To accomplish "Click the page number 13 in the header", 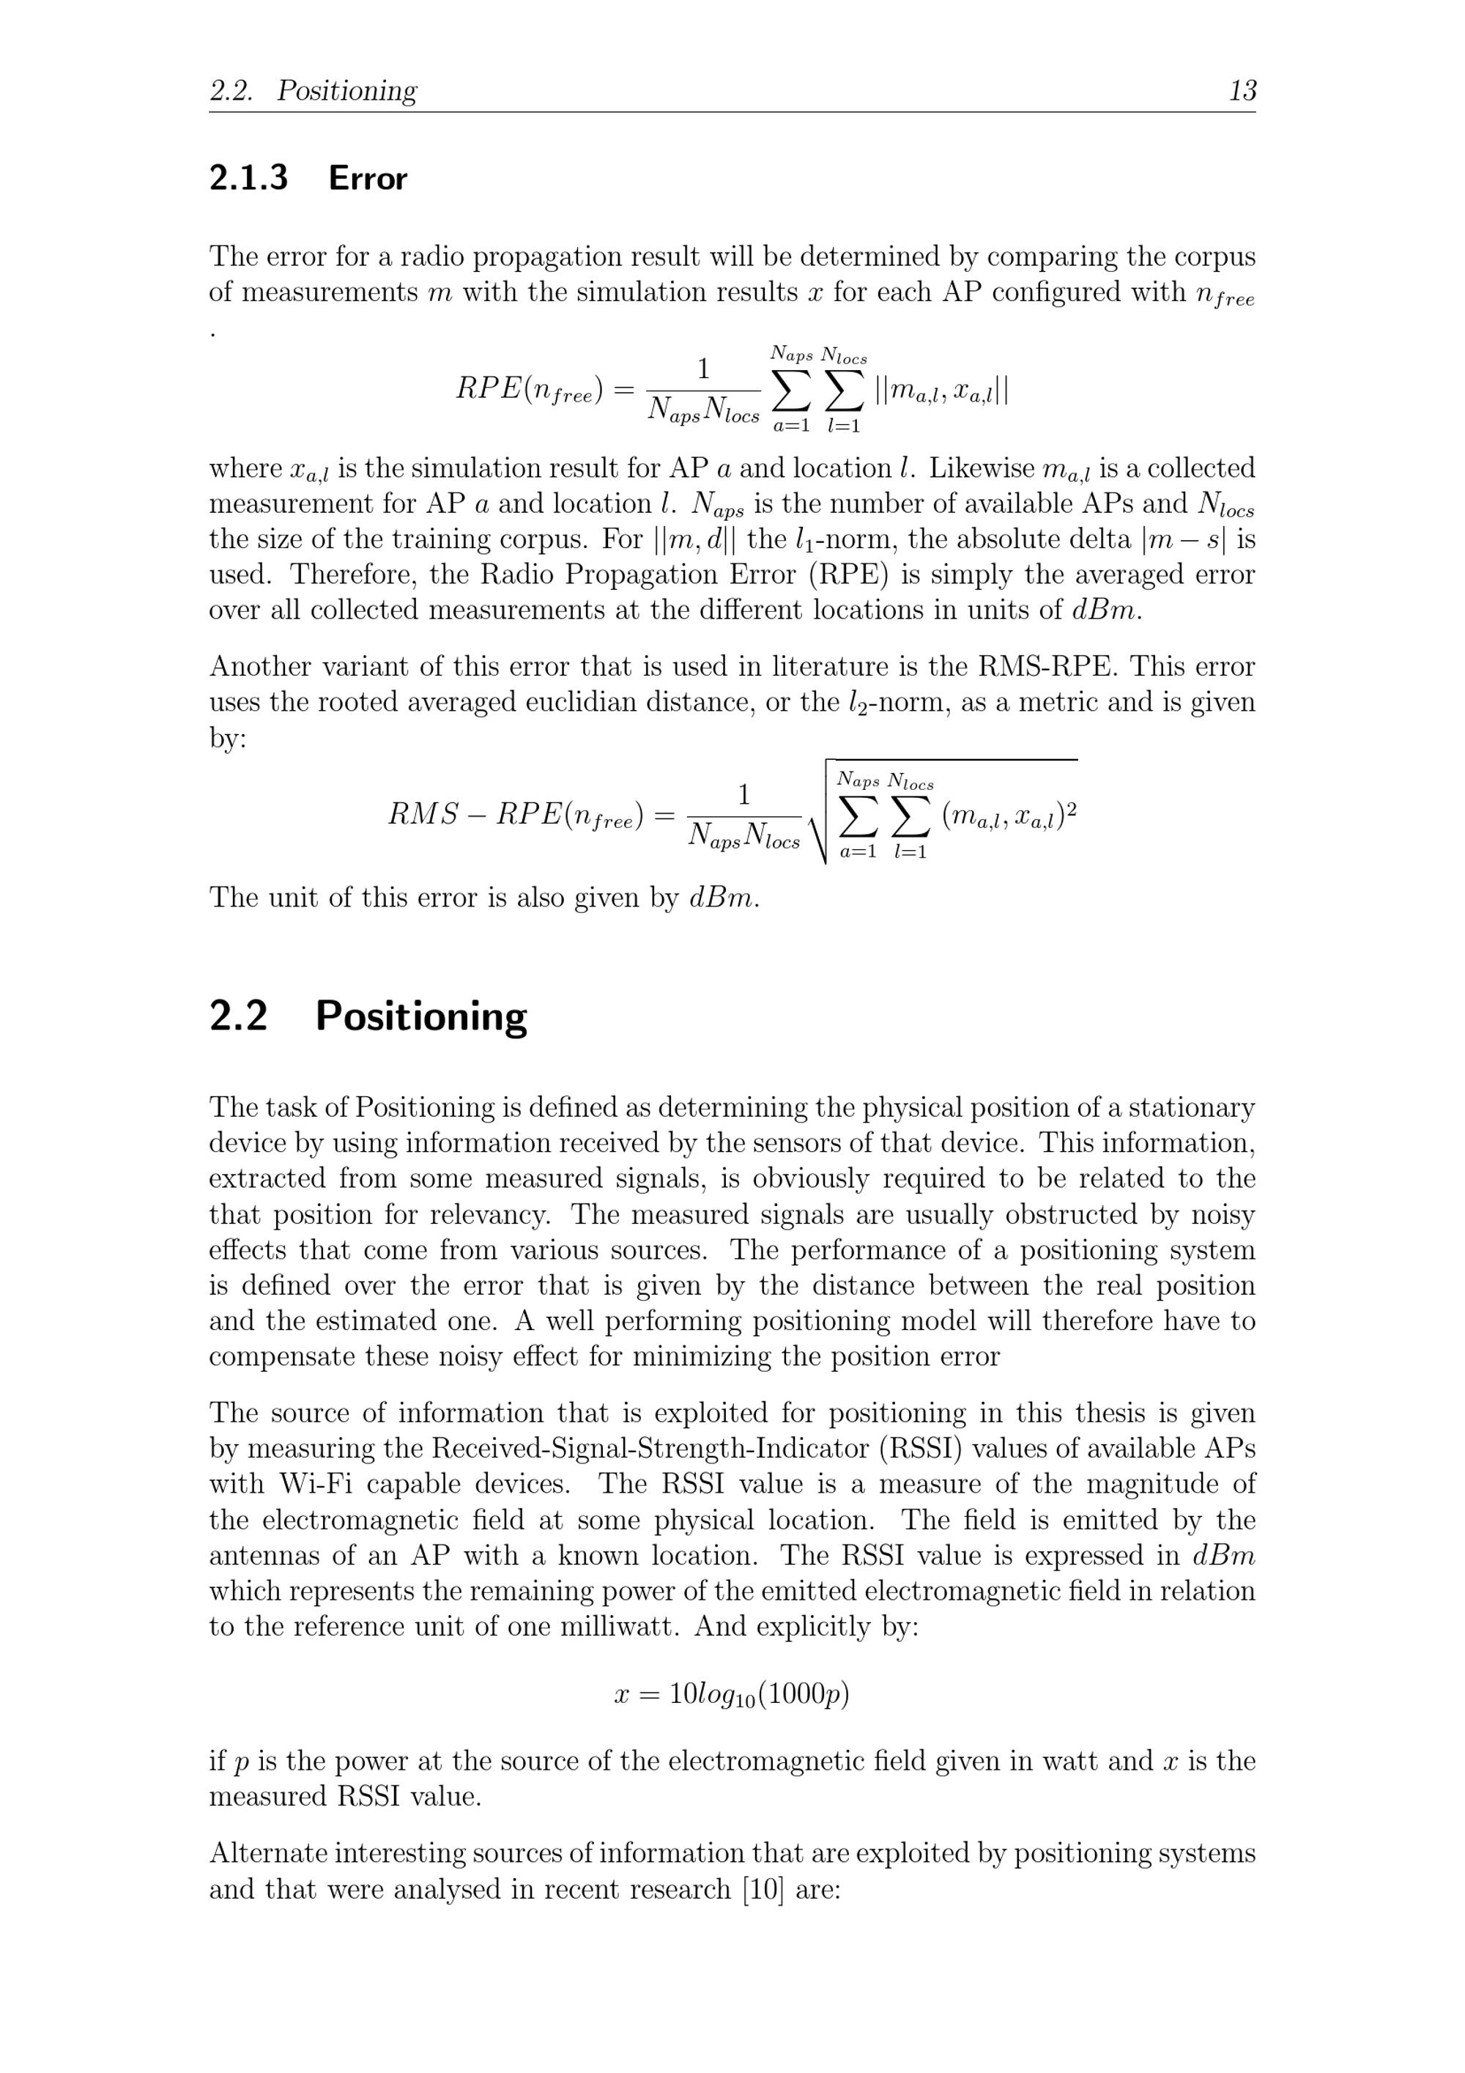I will point(1242,90).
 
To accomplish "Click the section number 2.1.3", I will point(248,178).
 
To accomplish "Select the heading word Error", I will point(368,178).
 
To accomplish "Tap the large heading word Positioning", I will point(420,1016).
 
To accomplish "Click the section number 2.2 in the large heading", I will point(238,1016).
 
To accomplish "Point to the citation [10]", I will point(763,1889).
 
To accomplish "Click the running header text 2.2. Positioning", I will point(314,90).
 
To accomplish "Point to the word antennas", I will point(264,1556).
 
